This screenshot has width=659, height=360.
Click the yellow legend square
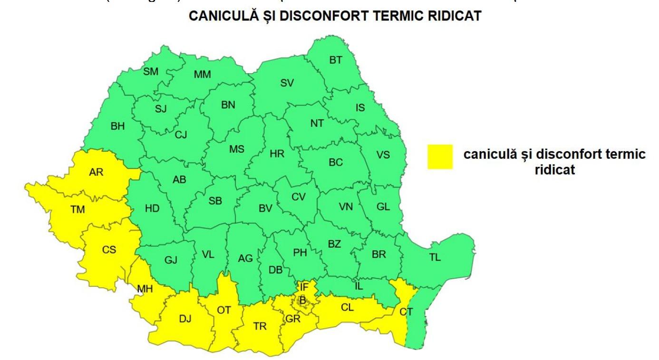[440, 157]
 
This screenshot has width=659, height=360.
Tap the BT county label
[336, 60]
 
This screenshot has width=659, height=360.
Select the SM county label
[151, 72]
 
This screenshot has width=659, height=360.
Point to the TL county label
[435, 258]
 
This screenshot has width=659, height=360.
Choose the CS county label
[109, 250]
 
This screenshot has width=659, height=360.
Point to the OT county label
[224, 310]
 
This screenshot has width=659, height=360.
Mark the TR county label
[260, 326]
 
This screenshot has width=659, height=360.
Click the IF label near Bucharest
[303, 287]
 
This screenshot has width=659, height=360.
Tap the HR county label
[277, 154]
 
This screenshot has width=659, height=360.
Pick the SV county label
[287, 83]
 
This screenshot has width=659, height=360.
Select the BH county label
[117, 126]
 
